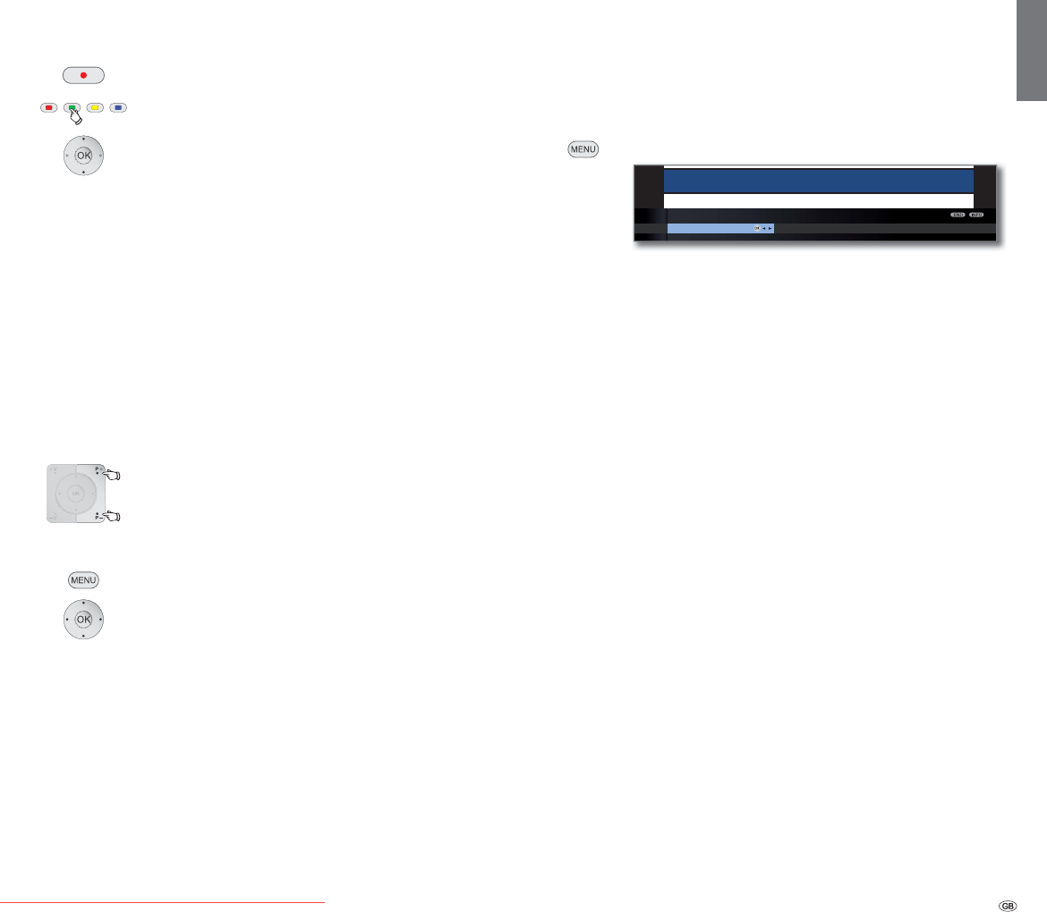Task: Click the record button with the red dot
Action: [83, 75]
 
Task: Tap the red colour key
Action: [49, 108]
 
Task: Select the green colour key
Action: [72, 108]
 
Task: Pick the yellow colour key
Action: [95, 108]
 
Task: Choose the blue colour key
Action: [118, 108]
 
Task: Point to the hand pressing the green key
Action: [76, 116]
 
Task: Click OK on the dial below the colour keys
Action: [83, 155]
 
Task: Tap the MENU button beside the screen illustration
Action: [582, 149]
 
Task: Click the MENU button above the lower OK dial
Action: [83, 580]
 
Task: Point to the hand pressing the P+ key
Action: [112, 476]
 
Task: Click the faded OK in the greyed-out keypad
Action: [76, 494]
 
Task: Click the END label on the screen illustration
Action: [958, 215]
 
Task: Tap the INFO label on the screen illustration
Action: [975, 215]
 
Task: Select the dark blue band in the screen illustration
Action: [818, 181]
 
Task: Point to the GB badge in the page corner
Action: [1008, 905]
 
